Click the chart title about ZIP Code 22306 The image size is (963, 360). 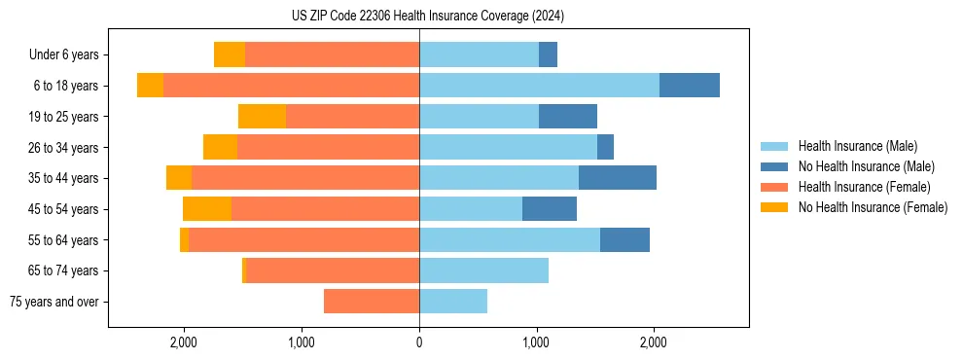click(427, 16)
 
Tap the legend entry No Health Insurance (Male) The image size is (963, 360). click(866, 166)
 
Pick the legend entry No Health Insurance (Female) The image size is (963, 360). click(873, 207)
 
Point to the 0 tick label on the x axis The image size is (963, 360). click(419, 342)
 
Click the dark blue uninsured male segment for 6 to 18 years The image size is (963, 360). click(690, 86)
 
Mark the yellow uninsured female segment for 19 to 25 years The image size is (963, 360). click(262, 117)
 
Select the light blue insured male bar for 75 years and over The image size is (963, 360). click(453, 302)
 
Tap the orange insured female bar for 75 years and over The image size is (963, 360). click(372, 302)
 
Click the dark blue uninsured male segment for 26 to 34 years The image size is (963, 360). click(605, 147)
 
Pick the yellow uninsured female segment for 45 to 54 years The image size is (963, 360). click(207, 209)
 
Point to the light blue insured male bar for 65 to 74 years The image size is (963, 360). click(483, 270)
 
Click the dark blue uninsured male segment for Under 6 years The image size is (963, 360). click(548, 55)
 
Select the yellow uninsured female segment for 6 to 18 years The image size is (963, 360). click(150, 86)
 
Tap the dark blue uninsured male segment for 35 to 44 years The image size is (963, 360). click(618, 178)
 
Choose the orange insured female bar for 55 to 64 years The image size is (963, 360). click(303, 240)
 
